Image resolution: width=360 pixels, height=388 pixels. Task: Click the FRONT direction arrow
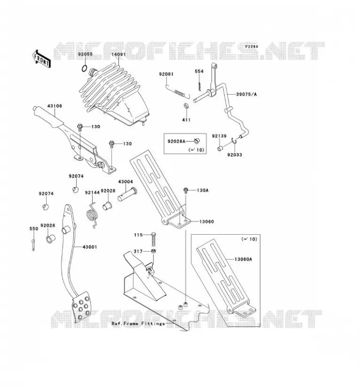pos(42,59)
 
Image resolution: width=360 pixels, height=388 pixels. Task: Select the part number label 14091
pos(118,54)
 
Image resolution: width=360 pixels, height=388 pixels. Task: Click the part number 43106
pos(55,106)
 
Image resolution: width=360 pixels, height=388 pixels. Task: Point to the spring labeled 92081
pos(177,91)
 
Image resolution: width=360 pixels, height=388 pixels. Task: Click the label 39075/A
pos(246,94)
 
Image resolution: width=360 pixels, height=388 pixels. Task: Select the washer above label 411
pos(185,106)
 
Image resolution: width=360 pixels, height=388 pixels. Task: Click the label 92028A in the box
pos(176,141)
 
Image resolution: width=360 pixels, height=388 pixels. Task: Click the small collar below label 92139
pos(220,148)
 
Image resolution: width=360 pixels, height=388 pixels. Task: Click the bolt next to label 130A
pos(185,191)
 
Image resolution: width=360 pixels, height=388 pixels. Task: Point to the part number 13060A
pos(243,259)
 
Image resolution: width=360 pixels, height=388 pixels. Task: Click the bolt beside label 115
pos(153,239)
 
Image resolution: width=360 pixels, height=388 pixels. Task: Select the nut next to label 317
pos(153,251)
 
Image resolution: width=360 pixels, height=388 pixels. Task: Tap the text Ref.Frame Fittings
pos(138,323)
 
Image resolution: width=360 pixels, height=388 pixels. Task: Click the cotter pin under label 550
pos(33,245)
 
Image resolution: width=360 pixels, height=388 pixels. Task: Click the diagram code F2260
pos(251,47)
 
